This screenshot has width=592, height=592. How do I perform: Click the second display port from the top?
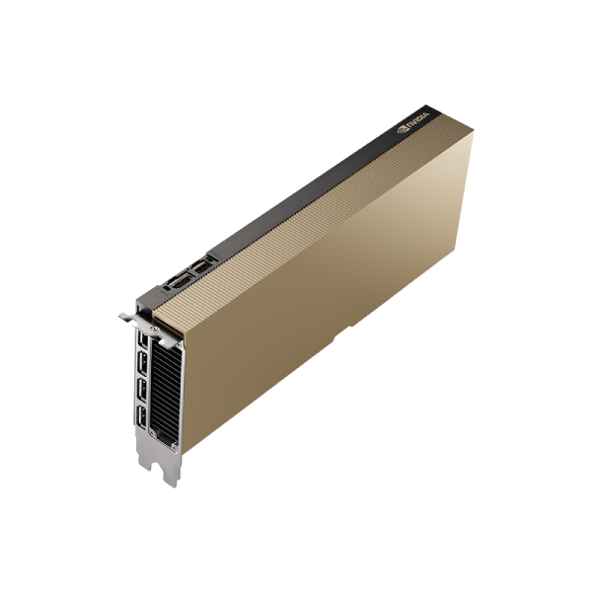(x=144, y=367)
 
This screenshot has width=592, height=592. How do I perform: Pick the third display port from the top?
(x=144, y=394)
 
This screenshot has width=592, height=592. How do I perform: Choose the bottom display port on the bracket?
(x=144, y=420)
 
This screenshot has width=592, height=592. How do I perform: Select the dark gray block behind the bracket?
(x=148, y=296)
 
